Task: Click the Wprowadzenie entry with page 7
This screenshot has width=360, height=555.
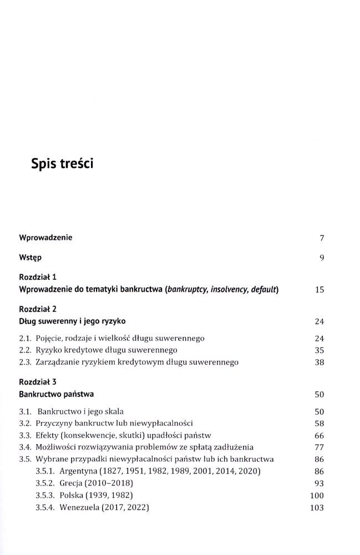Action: point(45,238)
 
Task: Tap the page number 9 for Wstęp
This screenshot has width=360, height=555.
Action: point(321,258)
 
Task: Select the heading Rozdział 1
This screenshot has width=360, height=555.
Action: point(38,276)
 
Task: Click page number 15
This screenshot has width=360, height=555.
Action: point(319,289)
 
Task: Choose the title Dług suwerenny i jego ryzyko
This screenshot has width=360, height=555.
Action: point(72,321)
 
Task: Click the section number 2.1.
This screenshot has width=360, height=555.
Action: point(26,338)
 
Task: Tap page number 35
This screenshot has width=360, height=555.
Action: point(319,350)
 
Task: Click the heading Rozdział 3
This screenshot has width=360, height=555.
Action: point(38,382)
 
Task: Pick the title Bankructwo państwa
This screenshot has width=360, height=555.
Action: point(56,394)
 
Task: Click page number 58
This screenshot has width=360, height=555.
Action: point(319,423)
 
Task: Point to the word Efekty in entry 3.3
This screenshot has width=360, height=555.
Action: point(48,435)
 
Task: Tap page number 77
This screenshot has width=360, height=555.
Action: point(319,447)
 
